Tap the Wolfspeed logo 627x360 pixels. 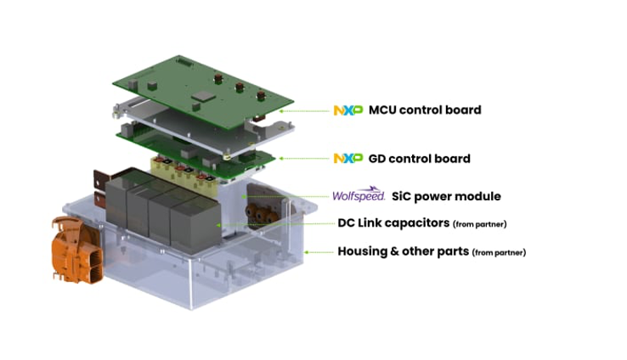point(359,195)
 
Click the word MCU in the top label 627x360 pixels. point(384,110)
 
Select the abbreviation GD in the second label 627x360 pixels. point(378,159)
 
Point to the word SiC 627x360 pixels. point(403,196)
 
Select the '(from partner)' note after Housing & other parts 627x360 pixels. point(499,252)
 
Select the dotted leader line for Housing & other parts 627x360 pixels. point(319,251)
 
